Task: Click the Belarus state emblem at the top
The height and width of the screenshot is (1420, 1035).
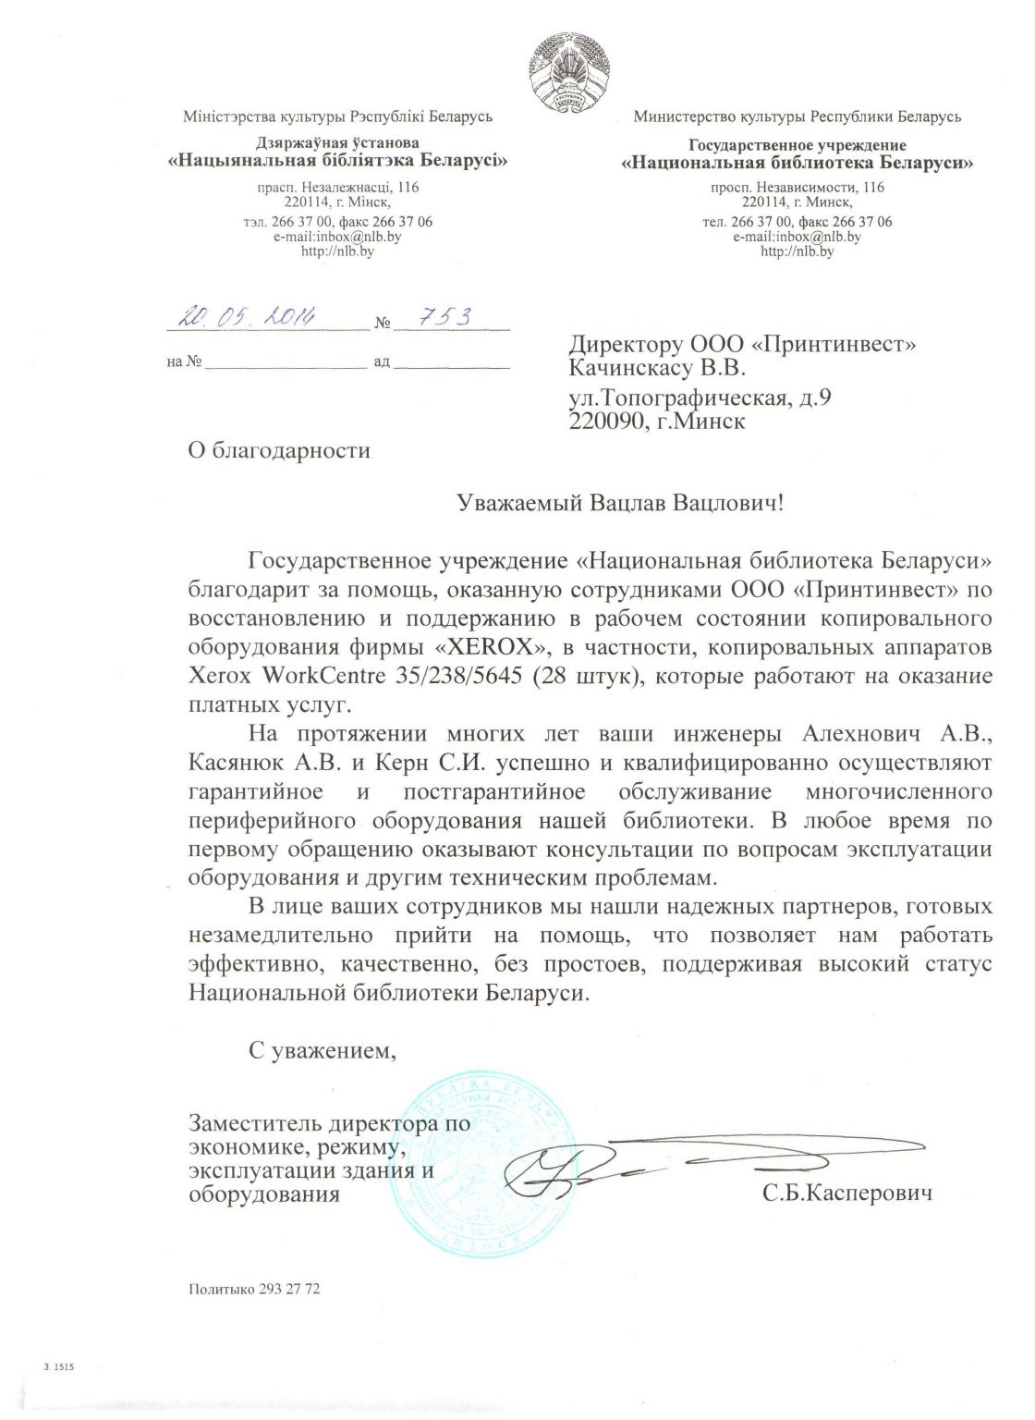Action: [571, 69]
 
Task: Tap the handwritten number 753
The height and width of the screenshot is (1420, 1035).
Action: [446, 316]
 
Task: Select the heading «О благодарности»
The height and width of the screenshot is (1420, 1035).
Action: [278, 450]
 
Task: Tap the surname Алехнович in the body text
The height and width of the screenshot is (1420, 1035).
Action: [861, 734]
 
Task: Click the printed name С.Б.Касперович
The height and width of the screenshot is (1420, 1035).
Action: [846, 1193]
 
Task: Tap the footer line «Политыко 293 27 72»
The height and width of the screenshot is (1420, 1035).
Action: [254, 1289]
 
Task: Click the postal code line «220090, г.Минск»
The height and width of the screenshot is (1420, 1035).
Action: [657, 421]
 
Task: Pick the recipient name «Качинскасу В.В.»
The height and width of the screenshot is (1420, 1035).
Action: [657, 368]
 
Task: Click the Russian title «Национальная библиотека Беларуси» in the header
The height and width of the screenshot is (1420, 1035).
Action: [797, 164]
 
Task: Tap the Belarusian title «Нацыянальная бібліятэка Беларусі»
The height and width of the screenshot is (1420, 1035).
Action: [337, 160]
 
